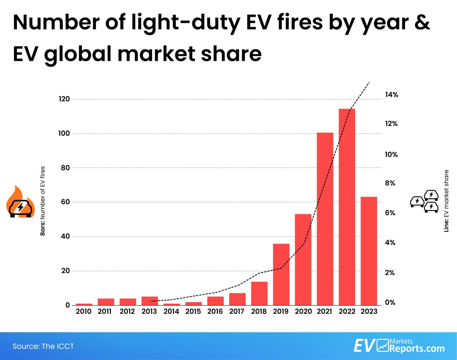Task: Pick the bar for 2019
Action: pyautogui.click(x=281, y=274)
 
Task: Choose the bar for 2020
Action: pyautogui.click(x=303, y=259)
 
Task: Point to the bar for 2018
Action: pyautogui.click(x=259, y=293)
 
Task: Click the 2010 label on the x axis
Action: pyautogui.click(x=84, y=312)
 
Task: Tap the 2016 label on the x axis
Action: pyautogui.click(x=215, y=312)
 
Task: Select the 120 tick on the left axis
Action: pyautogui.click(x=64, y=99)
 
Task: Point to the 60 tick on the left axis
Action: pyautogui.click(x=65, y=202)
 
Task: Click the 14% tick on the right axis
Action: pyautogui.click(x=391, y=95)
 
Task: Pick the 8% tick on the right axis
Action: pyautogui.click(x=390, y=183)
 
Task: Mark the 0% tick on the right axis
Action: pyautogui.click(x=390, y=303)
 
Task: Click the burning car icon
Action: pyautogui.click(x=20, y=202)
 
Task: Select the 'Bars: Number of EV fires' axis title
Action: pyautogui.click(x=43, y=201)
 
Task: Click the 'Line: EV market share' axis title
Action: pyautogui.click(x=446, y=201)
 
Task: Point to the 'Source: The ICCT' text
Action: pyautogui.click(x=43, y=346)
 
